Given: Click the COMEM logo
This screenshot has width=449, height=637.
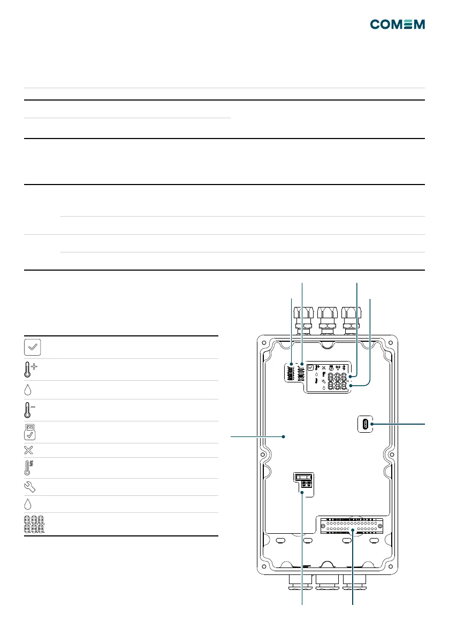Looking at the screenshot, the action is coord(398,25).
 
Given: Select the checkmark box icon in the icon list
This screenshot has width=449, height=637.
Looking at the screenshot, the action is coord(33,347).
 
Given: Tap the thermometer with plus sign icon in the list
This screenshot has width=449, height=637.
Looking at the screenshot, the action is coord(29,370).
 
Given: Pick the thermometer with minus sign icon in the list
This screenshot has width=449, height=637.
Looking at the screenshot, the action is coord(29,410).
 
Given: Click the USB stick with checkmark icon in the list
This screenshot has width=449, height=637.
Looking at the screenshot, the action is coord(29,432).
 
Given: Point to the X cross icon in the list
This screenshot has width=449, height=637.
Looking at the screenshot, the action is coord(28,450).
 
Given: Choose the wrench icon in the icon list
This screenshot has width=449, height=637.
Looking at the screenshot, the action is coord(29,487).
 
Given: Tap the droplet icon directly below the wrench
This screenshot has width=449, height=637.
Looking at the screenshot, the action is coord(28,504).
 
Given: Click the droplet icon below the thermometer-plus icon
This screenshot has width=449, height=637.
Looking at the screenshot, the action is coord(28,390).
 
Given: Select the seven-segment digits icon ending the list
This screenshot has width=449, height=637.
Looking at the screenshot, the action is coord(34,525).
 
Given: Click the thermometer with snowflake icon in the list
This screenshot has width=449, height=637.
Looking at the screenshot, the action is coord(28,468).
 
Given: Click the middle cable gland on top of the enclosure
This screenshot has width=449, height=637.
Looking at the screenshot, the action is coord(328,320).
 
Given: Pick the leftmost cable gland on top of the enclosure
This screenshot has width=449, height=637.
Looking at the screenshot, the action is coord(303,320).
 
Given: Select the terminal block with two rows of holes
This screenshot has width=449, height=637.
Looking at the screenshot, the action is coord(352,526).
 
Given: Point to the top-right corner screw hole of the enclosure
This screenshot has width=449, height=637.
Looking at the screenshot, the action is coord(391,342).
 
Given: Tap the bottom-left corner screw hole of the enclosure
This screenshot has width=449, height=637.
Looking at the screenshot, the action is coord(264,567).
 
